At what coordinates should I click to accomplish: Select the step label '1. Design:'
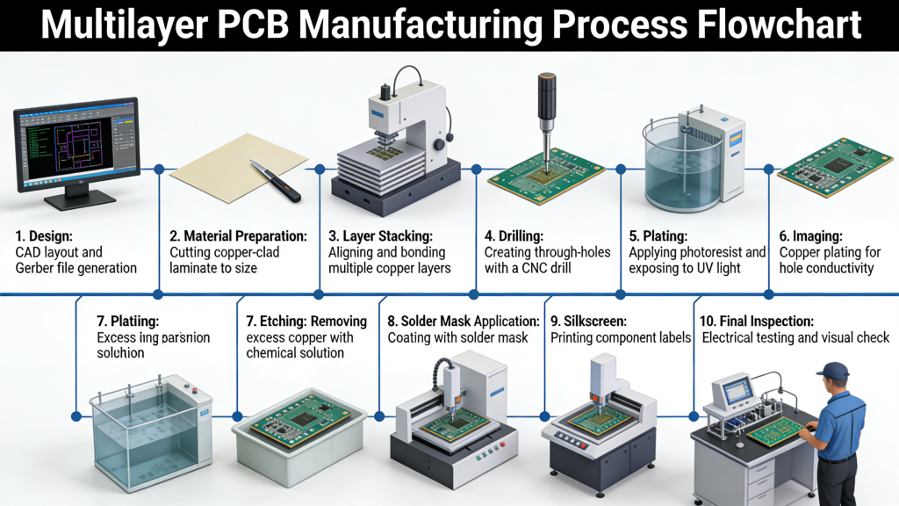coord(44,235)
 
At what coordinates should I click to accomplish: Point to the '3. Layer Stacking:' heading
coord(380,235)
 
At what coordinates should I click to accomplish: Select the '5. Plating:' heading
coord(658,235)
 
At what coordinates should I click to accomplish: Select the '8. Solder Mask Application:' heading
coord(464,322)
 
